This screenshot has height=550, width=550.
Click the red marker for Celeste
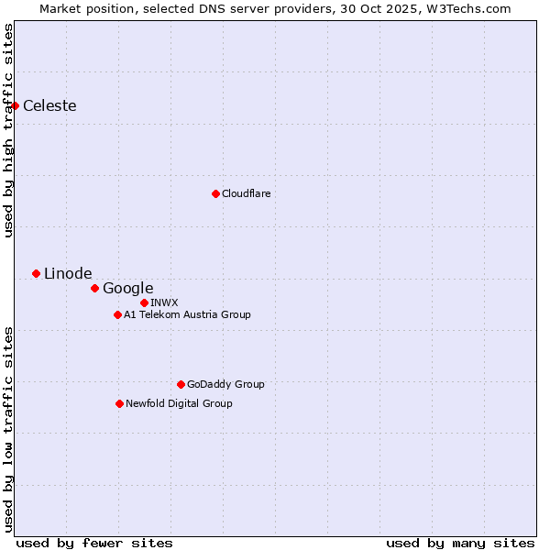tap(15, 105)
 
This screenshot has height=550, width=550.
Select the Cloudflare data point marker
tap(215, 193)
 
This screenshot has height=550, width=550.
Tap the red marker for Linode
tap(36, 273)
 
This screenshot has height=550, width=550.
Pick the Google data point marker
tap(94, 288)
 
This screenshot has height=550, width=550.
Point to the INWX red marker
tap(144, 302)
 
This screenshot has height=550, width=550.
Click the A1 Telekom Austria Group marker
tap(117, 314)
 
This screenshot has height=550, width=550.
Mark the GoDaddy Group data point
tap(181, 384)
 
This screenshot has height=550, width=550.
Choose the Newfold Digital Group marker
tap(119, 403)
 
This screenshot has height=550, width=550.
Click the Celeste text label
tap(49, 105)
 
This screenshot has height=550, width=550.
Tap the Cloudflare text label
tap(246, 193)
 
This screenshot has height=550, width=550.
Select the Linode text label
tap(68, 273)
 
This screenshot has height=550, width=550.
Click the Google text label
tap(127, 288)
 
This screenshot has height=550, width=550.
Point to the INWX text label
tap(164, 302)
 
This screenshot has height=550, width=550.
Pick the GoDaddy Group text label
tap(225, 384)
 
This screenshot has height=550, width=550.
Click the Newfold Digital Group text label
tap(179, 403)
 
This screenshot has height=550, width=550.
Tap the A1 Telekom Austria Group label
tap(187, 314)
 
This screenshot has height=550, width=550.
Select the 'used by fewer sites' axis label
tap(94, 543)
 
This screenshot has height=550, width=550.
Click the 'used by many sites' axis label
tap(460, 543)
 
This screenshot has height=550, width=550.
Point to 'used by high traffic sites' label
tap(8, 130)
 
